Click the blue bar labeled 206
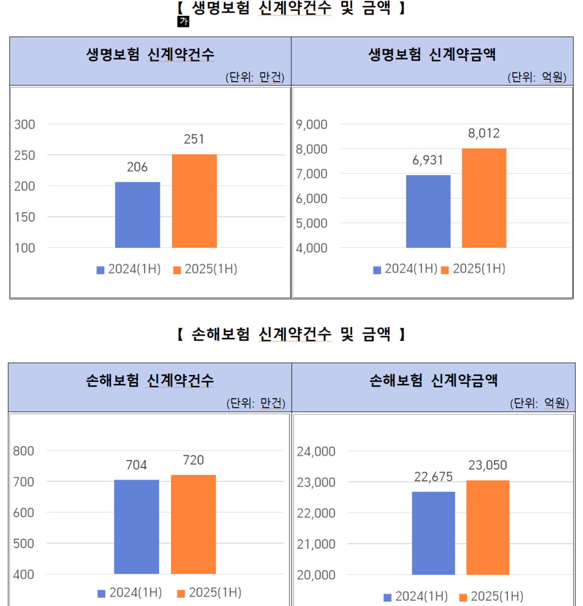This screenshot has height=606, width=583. [x=137, y=215]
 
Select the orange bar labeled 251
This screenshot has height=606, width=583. [x=194, y=201]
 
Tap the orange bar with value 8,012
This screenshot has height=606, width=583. [x=484, y=198]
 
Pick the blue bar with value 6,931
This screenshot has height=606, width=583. [x=428, y=211]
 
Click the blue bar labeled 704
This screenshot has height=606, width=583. [x=137, y=526]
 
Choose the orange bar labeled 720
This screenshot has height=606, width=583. [x=193, y=524]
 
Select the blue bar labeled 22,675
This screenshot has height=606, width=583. [x=433, y=532]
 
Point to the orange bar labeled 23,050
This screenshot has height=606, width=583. [x=488, y=527]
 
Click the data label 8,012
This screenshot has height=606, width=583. [x=484, y=134]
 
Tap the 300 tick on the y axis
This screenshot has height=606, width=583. [x=26, y=124]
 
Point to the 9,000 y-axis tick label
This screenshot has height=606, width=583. [x=312, y=124]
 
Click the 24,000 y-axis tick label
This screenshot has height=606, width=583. [x=316, y=451]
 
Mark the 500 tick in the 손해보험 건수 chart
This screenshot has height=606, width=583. [x=23, y=543]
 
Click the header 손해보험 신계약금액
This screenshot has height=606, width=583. [x=433, y=381]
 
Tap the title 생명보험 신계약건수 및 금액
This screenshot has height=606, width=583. [x=290, y=9]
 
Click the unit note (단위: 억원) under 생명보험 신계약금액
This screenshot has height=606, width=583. [x=537, y=77]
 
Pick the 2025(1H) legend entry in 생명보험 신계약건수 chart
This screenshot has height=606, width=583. [x=205, y=269]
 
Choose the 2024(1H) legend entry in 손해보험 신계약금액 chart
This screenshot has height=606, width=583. [x=416, y=596]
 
